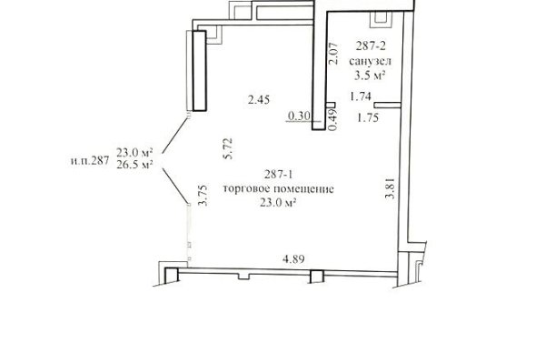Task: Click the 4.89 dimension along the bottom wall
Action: [x=293, y=259]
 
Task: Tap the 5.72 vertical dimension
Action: [x=228, y=148]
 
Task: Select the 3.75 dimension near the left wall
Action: [x=203, y=196]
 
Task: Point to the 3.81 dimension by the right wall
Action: [x=391, y=188]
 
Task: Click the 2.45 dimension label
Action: [x=259, y=100]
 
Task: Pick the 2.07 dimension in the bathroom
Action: [x=333, y=54]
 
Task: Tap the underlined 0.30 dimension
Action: [x=299, y=116]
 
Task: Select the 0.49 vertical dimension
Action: [x=332, y=120]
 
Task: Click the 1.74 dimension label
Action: [x=361, y=96]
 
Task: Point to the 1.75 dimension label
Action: [x=367, y=118]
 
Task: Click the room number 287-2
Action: [x=371, y=46]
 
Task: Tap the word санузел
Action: [x=370, y=61]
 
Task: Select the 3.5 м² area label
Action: [x=370, y=76]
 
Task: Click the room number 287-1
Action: [x=278, y=174]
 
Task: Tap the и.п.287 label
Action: [x=90, y=160]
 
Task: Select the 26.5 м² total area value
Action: [x=134, y=165]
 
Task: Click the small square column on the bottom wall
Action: [x=317, y=277]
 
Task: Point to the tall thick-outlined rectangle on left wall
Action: [x=200, y=71]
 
